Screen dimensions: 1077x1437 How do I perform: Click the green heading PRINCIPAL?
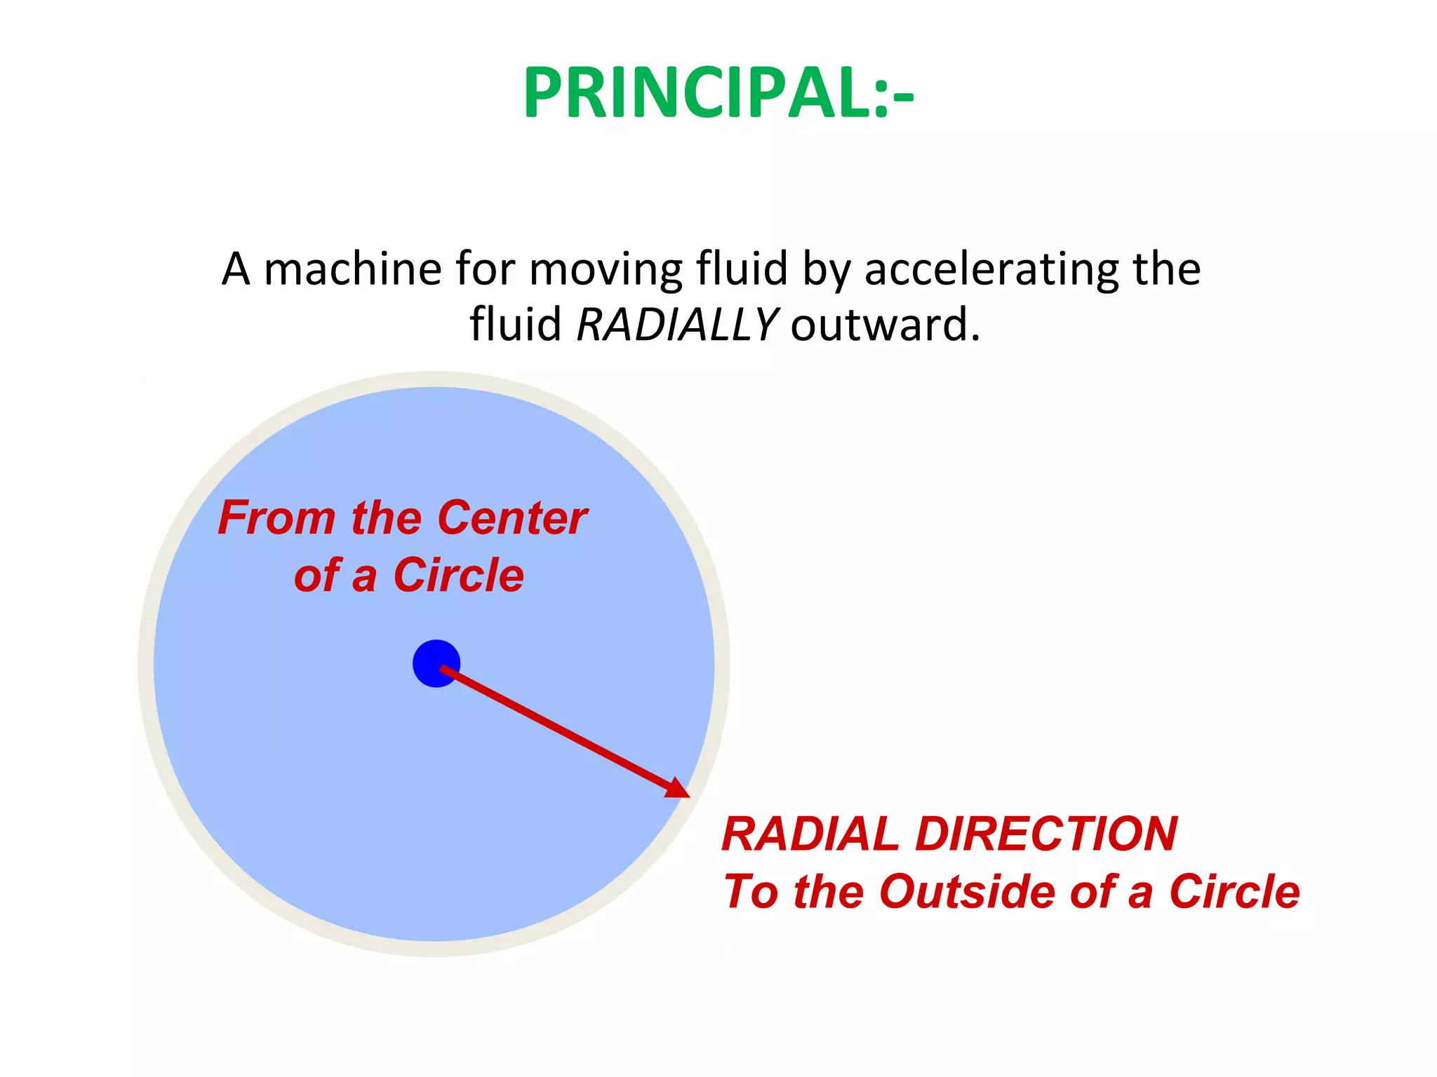click(x=718, y=93)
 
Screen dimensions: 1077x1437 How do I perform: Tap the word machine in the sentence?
click(x=353, y=269)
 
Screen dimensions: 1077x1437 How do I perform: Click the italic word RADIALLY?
click(x=676, y=325)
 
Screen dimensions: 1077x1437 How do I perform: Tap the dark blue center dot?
click(x=436, y=663)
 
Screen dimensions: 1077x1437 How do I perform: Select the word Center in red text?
click(x=512, y=518)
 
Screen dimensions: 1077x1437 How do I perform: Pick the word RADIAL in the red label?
click(x=810, y=834)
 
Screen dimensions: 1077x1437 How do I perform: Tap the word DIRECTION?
click(x=1046, y=834)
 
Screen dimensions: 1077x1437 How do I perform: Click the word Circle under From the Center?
click(x=458, y=576)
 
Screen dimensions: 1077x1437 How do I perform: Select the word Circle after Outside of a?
click(x=1234, y=892)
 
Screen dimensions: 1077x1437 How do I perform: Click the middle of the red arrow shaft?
click(x=561, y=729)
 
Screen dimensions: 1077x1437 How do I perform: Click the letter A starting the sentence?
click(x=236, y=269)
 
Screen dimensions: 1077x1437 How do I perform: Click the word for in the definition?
click(x=484, y=269)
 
